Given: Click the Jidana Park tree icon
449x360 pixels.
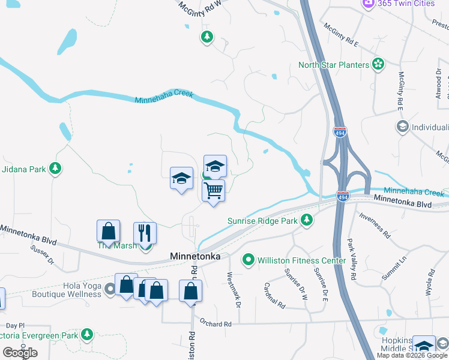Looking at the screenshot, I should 56,169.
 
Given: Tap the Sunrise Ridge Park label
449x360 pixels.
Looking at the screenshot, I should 262,221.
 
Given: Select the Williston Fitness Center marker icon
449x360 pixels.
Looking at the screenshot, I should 248,260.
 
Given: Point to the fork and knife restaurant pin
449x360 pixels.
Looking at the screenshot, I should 145,233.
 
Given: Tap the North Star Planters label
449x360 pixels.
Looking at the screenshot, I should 334,65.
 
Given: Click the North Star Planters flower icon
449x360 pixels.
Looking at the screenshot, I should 378,64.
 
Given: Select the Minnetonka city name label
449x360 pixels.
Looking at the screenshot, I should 195,256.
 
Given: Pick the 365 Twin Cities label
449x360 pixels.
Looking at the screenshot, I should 405,4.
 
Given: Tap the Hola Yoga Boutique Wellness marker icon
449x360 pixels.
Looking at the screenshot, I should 110,290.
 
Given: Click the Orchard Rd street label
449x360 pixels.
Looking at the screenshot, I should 216,323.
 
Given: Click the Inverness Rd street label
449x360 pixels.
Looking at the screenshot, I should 374,224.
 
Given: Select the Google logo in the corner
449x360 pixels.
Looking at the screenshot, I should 20,353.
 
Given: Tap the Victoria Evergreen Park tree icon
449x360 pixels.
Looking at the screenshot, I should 88,334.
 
